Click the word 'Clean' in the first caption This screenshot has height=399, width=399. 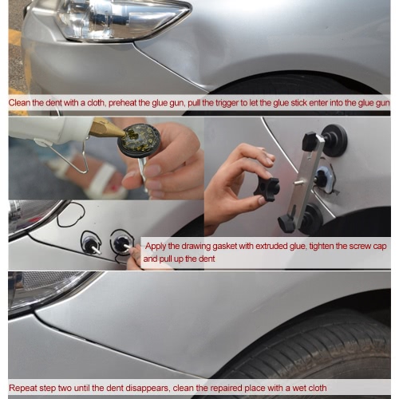(19, 103)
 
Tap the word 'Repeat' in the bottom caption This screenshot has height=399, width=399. (23, 388)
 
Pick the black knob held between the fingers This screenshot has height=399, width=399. (267, 186)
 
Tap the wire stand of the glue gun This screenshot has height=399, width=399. (73, 157)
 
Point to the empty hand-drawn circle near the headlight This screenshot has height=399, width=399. (71, 215)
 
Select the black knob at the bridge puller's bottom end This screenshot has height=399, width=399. (285, 223)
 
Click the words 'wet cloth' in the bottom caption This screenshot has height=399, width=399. (310, 388)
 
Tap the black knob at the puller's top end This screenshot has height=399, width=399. (310, 140)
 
